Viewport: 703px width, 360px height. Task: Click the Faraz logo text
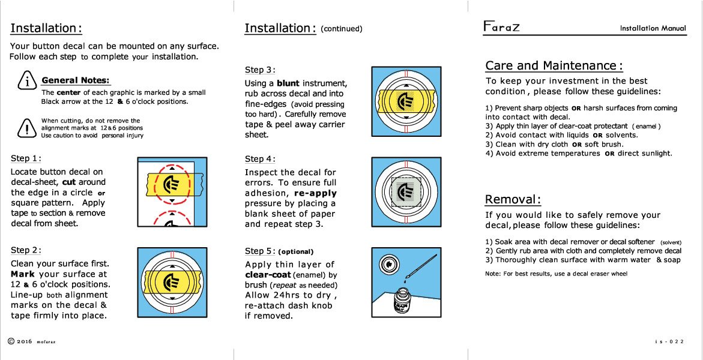[502, 28]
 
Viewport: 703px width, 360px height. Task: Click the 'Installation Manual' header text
[653, 28]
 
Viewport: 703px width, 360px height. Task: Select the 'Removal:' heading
[513, 200]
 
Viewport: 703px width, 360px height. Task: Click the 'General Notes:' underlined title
[76, 80]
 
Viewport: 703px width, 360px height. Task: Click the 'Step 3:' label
[261, 70]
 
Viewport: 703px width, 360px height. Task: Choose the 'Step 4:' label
[261, 159]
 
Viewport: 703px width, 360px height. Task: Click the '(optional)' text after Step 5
[296, 251]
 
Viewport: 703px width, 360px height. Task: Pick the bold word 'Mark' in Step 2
[23, 274]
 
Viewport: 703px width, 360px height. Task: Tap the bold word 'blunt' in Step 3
[288, 83]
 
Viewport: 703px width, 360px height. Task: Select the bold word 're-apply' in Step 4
[315, 193]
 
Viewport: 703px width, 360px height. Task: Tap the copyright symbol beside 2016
[11, 341]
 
